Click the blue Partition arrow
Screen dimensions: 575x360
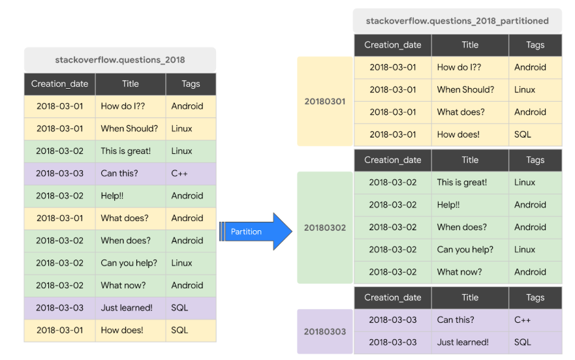point(255,232)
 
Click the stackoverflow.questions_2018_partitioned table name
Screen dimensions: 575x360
point(457,21)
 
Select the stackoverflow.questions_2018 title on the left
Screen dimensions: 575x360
point(120,60)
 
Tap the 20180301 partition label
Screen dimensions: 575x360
point(325,101)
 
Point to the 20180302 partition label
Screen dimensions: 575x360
point(325,228)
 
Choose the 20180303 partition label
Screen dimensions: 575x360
point(325,331)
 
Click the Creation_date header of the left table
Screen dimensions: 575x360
point(59,84)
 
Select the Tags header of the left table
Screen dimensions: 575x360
point(191,84)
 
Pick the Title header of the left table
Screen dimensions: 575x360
point(131,84)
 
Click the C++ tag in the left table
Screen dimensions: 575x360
point(179,173)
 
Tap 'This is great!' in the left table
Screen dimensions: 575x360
point(125,151)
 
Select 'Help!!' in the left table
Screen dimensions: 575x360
point(112,196)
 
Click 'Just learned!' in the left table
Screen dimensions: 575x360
point(127,308)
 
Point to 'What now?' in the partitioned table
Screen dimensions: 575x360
point(460,272)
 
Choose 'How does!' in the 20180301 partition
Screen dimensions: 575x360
point(458,134)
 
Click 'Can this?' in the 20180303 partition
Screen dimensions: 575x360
point(456,320)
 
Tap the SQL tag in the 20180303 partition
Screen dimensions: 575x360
point(523,342)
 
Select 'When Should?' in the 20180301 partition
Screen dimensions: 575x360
point(465,89)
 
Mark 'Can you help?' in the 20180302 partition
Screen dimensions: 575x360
point(465,250)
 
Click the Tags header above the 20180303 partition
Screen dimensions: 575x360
point(535,297)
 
